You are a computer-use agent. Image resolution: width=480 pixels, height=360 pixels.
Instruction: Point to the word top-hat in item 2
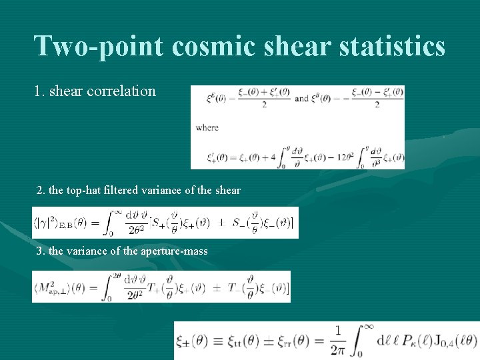point(89,191)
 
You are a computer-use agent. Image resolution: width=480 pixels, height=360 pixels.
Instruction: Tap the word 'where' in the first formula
point(207,127)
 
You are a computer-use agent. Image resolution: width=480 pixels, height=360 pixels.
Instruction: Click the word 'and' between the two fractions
point(301,98)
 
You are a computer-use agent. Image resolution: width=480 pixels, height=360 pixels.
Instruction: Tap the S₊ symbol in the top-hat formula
point(159,223)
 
